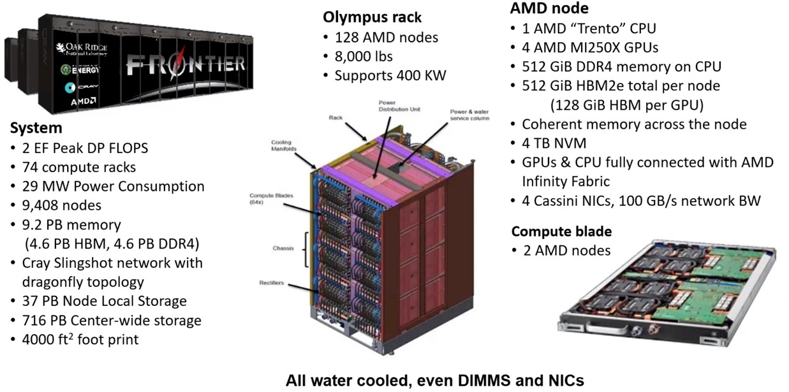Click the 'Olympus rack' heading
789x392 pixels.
[372, 17]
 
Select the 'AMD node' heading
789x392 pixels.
[549, 8]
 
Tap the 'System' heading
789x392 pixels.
[36, 127]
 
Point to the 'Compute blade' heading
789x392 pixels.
[561, 231]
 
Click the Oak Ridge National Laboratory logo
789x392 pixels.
[82, 49]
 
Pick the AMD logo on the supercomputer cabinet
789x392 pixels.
[83, 102]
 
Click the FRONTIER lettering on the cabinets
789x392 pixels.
[185, 64]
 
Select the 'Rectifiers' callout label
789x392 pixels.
[271, 282]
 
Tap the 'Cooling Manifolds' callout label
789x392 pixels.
[284, 145]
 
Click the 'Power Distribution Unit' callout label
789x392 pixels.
[399, 106]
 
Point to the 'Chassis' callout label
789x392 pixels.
[283, 248]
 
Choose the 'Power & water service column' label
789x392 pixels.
[469, 115]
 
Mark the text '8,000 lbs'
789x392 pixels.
[364, 56]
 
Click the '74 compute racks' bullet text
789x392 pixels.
[79, 167]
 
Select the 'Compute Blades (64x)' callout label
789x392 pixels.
[271, 198]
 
